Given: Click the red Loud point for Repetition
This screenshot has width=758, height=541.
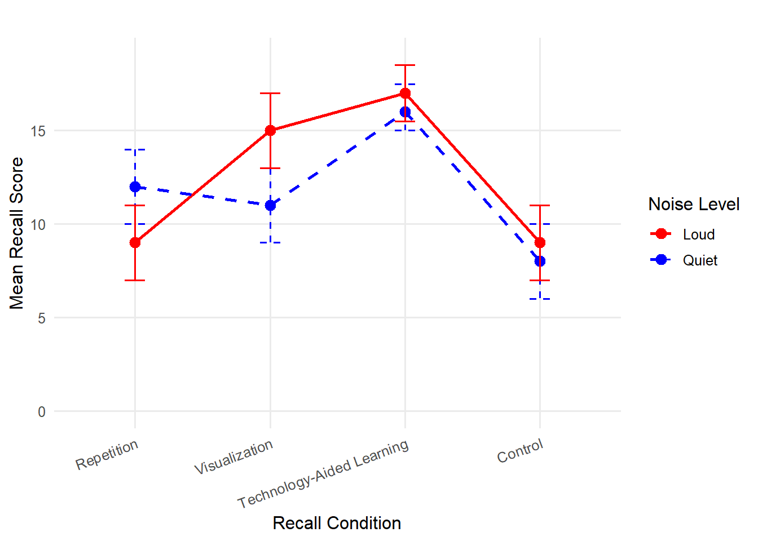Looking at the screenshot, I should pyautogui.click(x=135, y=243).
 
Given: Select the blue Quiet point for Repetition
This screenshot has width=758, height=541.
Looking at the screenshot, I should pyautogui.click(x=135, y=187).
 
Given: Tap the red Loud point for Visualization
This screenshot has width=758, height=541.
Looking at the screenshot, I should pyautogui.click(x=270, y=131).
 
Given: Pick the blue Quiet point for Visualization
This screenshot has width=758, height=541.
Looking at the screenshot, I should pyautogui.click(x=270, y=205).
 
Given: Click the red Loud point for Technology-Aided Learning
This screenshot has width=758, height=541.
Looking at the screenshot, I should pyautogui.click(x=405, y=94).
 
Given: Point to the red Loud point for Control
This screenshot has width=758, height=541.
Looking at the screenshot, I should pyautogui.click(x=540, y=243).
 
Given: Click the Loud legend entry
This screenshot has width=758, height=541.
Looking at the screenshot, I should pyautogui.click(x=698, y=234).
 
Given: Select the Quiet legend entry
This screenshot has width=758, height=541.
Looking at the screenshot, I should pyautogui.click(x=699, y=260).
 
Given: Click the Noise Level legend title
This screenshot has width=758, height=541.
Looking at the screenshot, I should pyautogui.click(x=694, y=204).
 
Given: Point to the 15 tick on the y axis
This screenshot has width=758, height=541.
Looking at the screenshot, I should pyautogui.click(x=38, y=131).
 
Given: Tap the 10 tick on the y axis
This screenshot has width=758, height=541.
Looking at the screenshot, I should pyautogui.click(x=38, y=225).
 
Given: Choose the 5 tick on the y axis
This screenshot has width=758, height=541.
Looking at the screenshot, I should pyautogui.click(x=42, y=318).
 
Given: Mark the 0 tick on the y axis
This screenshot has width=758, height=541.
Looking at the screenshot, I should pyautogui.click(x=42, y=412).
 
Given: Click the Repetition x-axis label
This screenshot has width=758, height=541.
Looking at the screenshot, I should pyautogui.click(x=107, y=454).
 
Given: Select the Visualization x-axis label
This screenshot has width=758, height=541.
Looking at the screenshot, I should pyautogui.click(x=233, y=457).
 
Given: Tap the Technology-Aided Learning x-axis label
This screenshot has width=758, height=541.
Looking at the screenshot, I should pyautogui.click(x=323, y=473).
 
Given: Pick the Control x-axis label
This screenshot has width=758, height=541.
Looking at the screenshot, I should pyautogui.click(x=520, y=451).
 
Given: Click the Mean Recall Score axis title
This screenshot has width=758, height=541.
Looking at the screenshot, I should pyautogui.click(x=17, y=233).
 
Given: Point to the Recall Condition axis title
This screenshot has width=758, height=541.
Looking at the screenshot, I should pyautogui.click(x=337, y=523).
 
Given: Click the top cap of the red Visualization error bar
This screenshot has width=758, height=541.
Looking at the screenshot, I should pyautogui.click(x=270, y=94).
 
